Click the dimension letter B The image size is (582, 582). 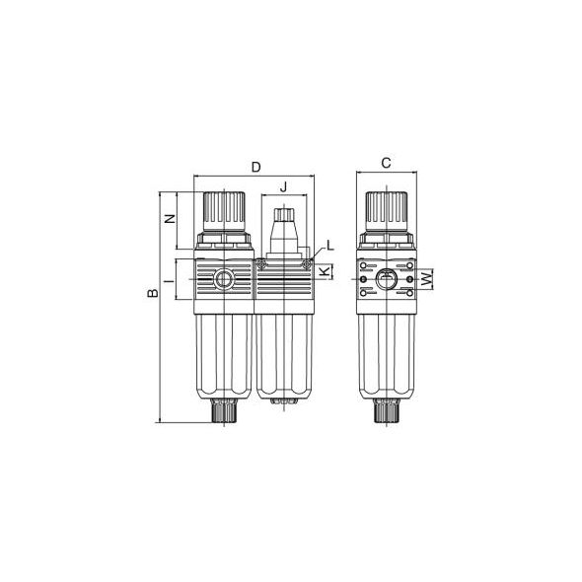tap(153, 293)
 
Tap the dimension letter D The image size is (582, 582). tap(256, 168)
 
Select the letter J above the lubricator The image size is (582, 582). tap(283, 187)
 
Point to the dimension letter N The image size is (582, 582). tap(170, 219)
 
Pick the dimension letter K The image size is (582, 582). tap(325, 271)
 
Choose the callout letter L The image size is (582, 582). tap(330, 246)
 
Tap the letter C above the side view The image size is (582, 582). tap(387, 163)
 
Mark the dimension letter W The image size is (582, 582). tap(428, 278)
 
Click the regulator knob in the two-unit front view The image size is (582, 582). tap(224, 212)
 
